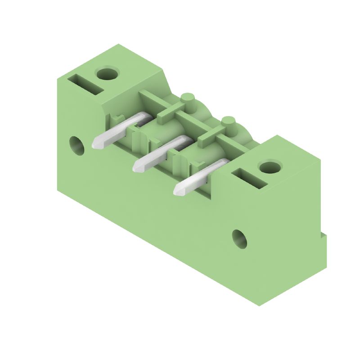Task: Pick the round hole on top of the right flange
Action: pyautogui.click(x=270, y=167)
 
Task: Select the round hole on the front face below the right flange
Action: pyautogui.click(x=239, y=238)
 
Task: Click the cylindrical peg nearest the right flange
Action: pyautogui.click(x=229, y=124)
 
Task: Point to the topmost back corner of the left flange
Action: pyautogui.click(x=118, y=44)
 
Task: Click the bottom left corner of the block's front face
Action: pyautogui.click(x=57, y=191)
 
